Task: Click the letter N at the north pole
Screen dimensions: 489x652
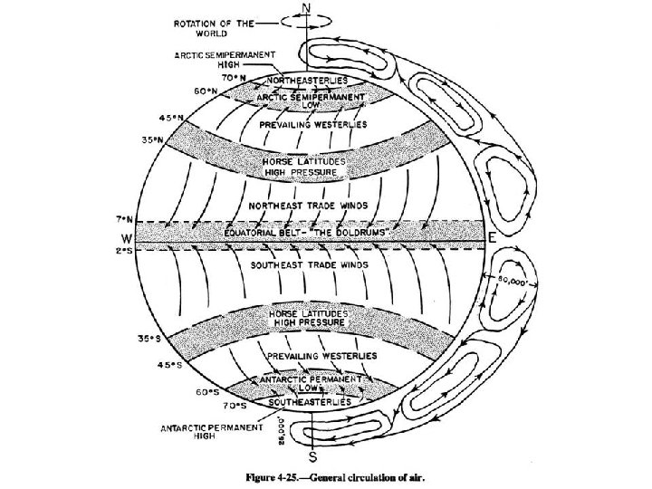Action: [x=306, y=9]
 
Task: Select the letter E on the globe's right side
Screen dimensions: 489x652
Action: [x=490, y=236]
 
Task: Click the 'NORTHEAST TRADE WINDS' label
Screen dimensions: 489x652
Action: [x=307, y=206]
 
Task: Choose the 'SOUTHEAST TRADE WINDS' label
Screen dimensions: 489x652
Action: [x=307, y=266]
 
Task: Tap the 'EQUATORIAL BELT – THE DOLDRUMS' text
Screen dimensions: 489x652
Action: [x=307, y=235]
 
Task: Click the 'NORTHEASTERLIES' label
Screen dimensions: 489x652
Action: [x=312, y=81]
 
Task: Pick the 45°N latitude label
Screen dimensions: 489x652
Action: [x=172, y=119]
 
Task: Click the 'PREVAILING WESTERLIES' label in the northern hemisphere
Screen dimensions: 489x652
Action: [x=313, y=124]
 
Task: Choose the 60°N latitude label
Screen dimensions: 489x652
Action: [x=206, y=91]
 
